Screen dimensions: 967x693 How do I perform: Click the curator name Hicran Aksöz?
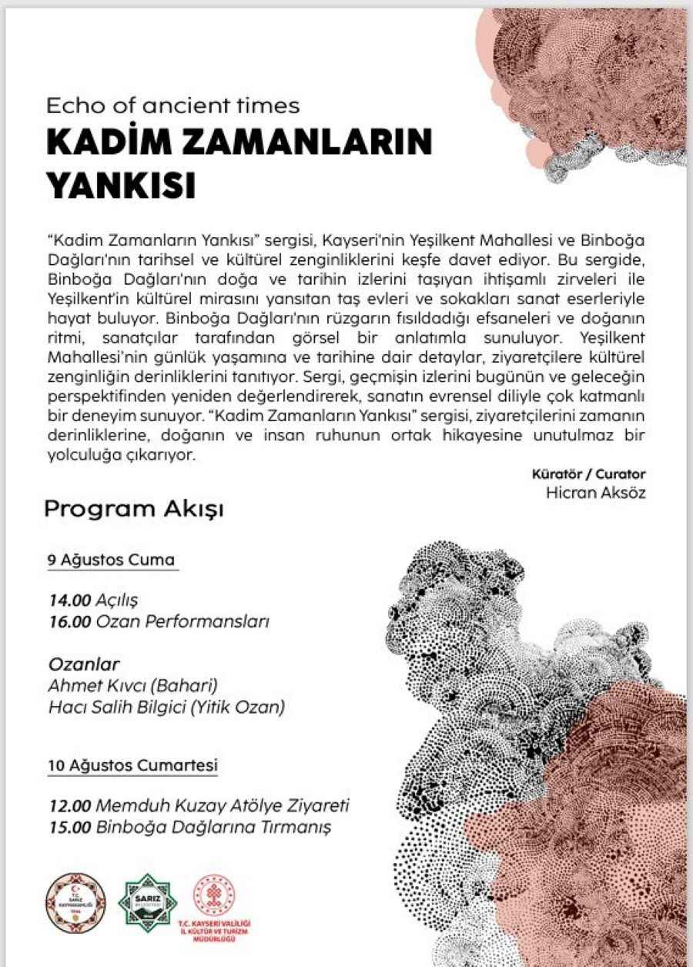point(594,493)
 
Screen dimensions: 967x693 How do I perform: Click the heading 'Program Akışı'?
point(134,509)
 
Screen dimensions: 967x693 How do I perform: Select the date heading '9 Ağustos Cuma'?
point(112,560)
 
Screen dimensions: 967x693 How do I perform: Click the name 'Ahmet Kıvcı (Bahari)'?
point(132,685)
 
